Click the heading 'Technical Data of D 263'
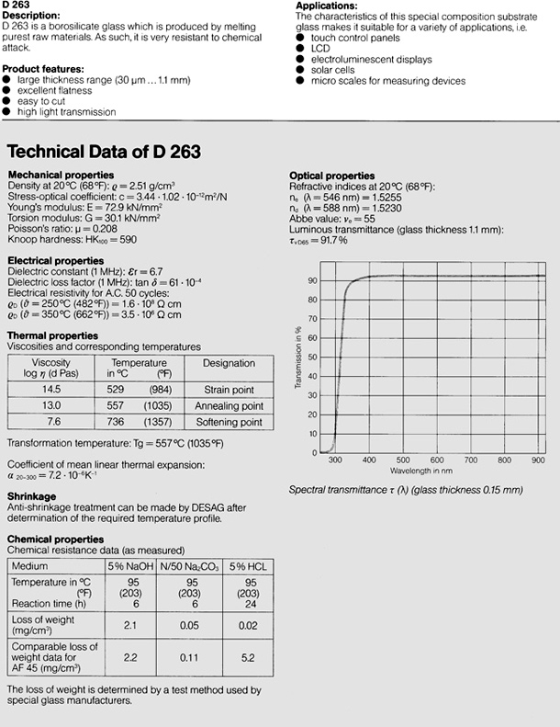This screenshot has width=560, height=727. [104, 151]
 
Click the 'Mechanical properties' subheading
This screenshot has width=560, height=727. [61, 175]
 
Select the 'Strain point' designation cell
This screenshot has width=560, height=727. [229, 389]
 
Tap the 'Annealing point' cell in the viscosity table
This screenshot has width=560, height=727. [229, 405]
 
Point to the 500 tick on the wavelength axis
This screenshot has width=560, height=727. [402, 460]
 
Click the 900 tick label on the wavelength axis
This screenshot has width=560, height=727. [538, 460]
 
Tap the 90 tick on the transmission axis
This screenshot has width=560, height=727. [313, 279]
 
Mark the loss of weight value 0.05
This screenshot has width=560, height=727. [186, 625]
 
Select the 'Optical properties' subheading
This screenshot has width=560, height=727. [332, 176]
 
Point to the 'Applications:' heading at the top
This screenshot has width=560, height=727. [326, 6]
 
